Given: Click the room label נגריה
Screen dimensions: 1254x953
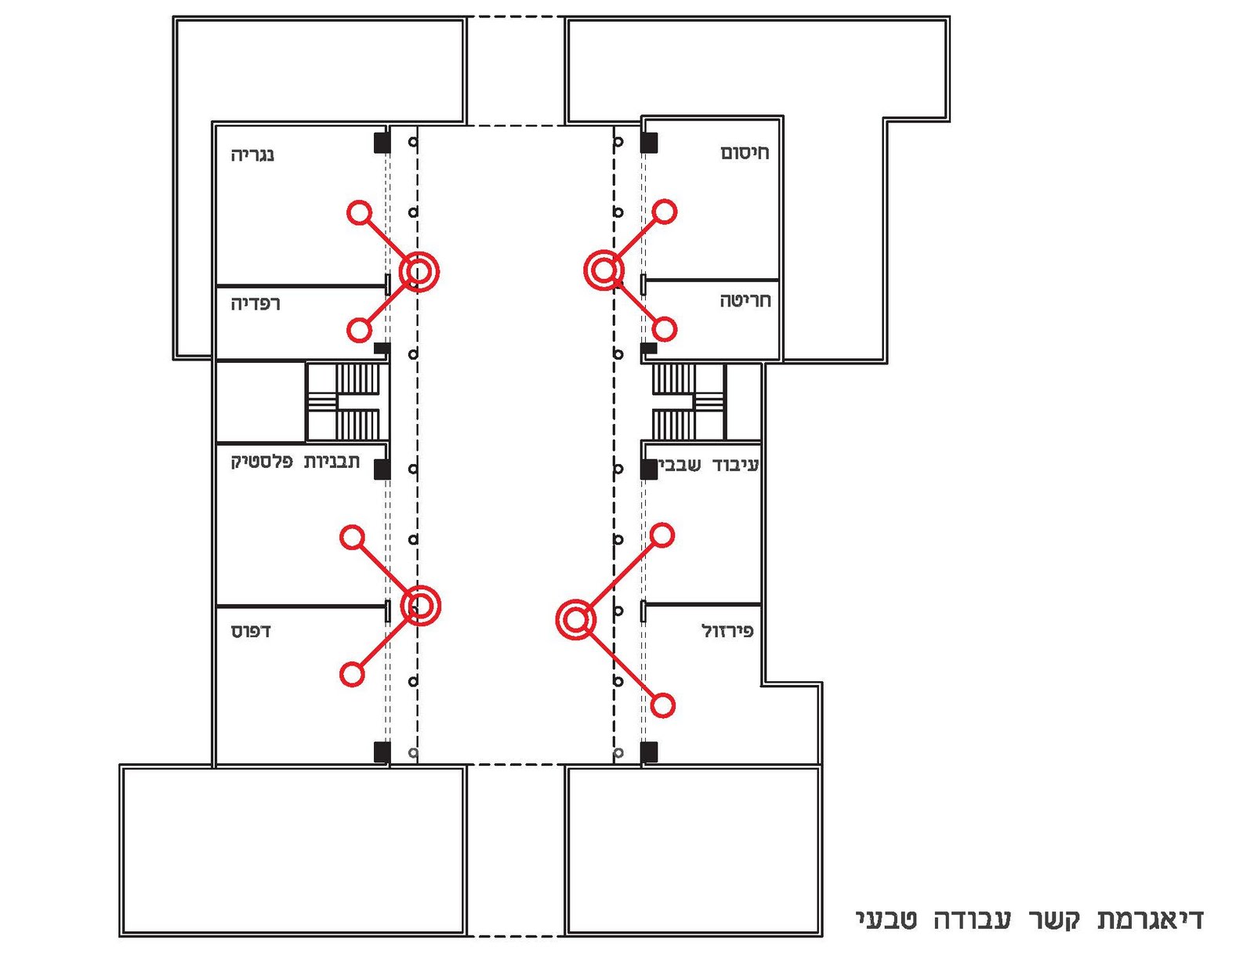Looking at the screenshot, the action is click(x=252, y=154).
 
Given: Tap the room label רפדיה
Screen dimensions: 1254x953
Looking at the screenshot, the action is click(x=256, y=303).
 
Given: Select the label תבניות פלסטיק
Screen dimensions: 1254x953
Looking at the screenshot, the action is click(x=295, y=462).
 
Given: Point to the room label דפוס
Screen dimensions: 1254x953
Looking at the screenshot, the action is click(x=251, y=631).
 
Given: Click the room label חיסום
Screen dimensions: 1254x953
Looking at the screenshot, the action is click(x=745, y=153).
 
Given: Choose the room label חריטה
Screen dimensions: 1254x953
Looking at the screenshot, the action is click(x=745, y=300).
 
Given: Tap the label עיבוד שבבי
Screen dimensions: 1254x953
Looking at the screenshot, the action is click(x=709, y=466).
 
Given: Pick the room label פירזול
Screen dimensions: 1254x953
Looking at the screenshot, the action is click(x=727, y=631).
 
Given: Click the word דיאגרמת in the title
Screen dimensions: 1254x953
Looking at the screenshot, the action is click(x=1150, y=919).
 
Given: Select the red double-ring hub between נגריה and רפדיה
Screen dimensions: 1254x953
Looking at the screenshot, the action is click(x=419, y=271).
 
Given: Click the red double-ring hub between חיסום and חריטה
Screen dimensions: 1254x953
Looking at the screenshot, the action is click(x=603, y=270).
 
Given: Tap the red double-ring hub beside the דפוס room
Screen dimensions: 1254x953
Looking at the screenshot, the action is click(x=421, y=606).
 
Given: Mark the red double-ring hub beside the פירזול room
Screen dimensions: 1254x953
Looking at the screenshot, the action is click(x=576, y=621).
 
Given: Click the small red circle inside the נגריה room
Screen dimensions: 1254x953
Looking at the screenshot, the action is click(x=359, y=212).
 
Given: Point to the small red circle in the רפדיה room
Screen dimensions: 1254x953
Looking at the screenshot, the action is click(x=359, y=330).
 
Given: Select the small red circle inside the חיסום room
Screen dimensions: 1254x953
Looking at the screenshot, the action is click(x=665, y=212).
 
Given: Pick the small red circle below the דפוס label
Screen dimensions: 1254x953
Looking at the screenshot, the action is click(x=352, y=674).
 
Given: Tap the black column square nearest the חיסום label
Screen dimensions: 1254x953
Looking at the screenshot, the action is click(x=649, y=143).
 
